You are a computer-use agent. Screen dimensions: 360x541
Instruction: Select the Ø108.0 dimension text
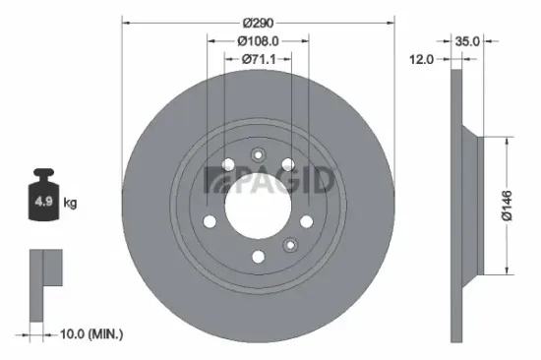(258, 41)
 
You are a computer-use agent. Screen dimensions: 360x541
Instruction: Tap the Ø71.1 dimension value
(258, 60)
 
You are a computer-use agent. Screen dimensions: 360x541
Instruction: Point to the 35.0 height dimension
(467, 41)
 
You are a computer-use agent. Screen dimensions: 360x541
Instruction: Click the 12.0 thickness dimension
(421, 60)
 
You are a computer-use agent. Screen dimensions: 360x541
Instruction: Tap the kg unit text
(70, 204)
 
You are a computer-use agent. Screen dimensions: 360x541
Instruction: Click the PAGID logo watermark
(270, 181)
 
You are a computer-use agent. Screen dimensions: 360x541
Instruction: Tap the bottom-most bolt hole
(258, 258)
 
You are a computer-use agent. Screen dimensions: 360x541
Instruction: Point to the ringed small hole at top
(259, 153)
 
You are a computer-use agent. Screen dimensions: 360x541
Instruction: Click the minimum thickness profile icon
(45, 285)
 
